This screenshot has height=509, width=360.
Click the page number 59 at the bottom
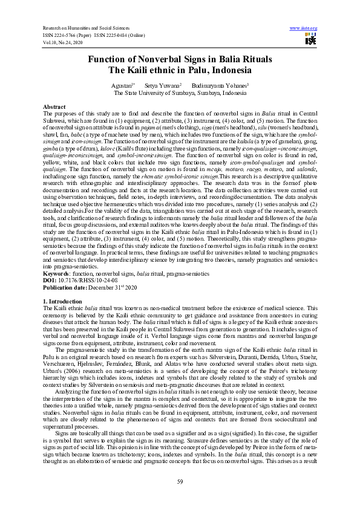click(180, 481)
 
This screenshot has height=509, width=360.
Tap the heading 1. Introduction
click(62, 300)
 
